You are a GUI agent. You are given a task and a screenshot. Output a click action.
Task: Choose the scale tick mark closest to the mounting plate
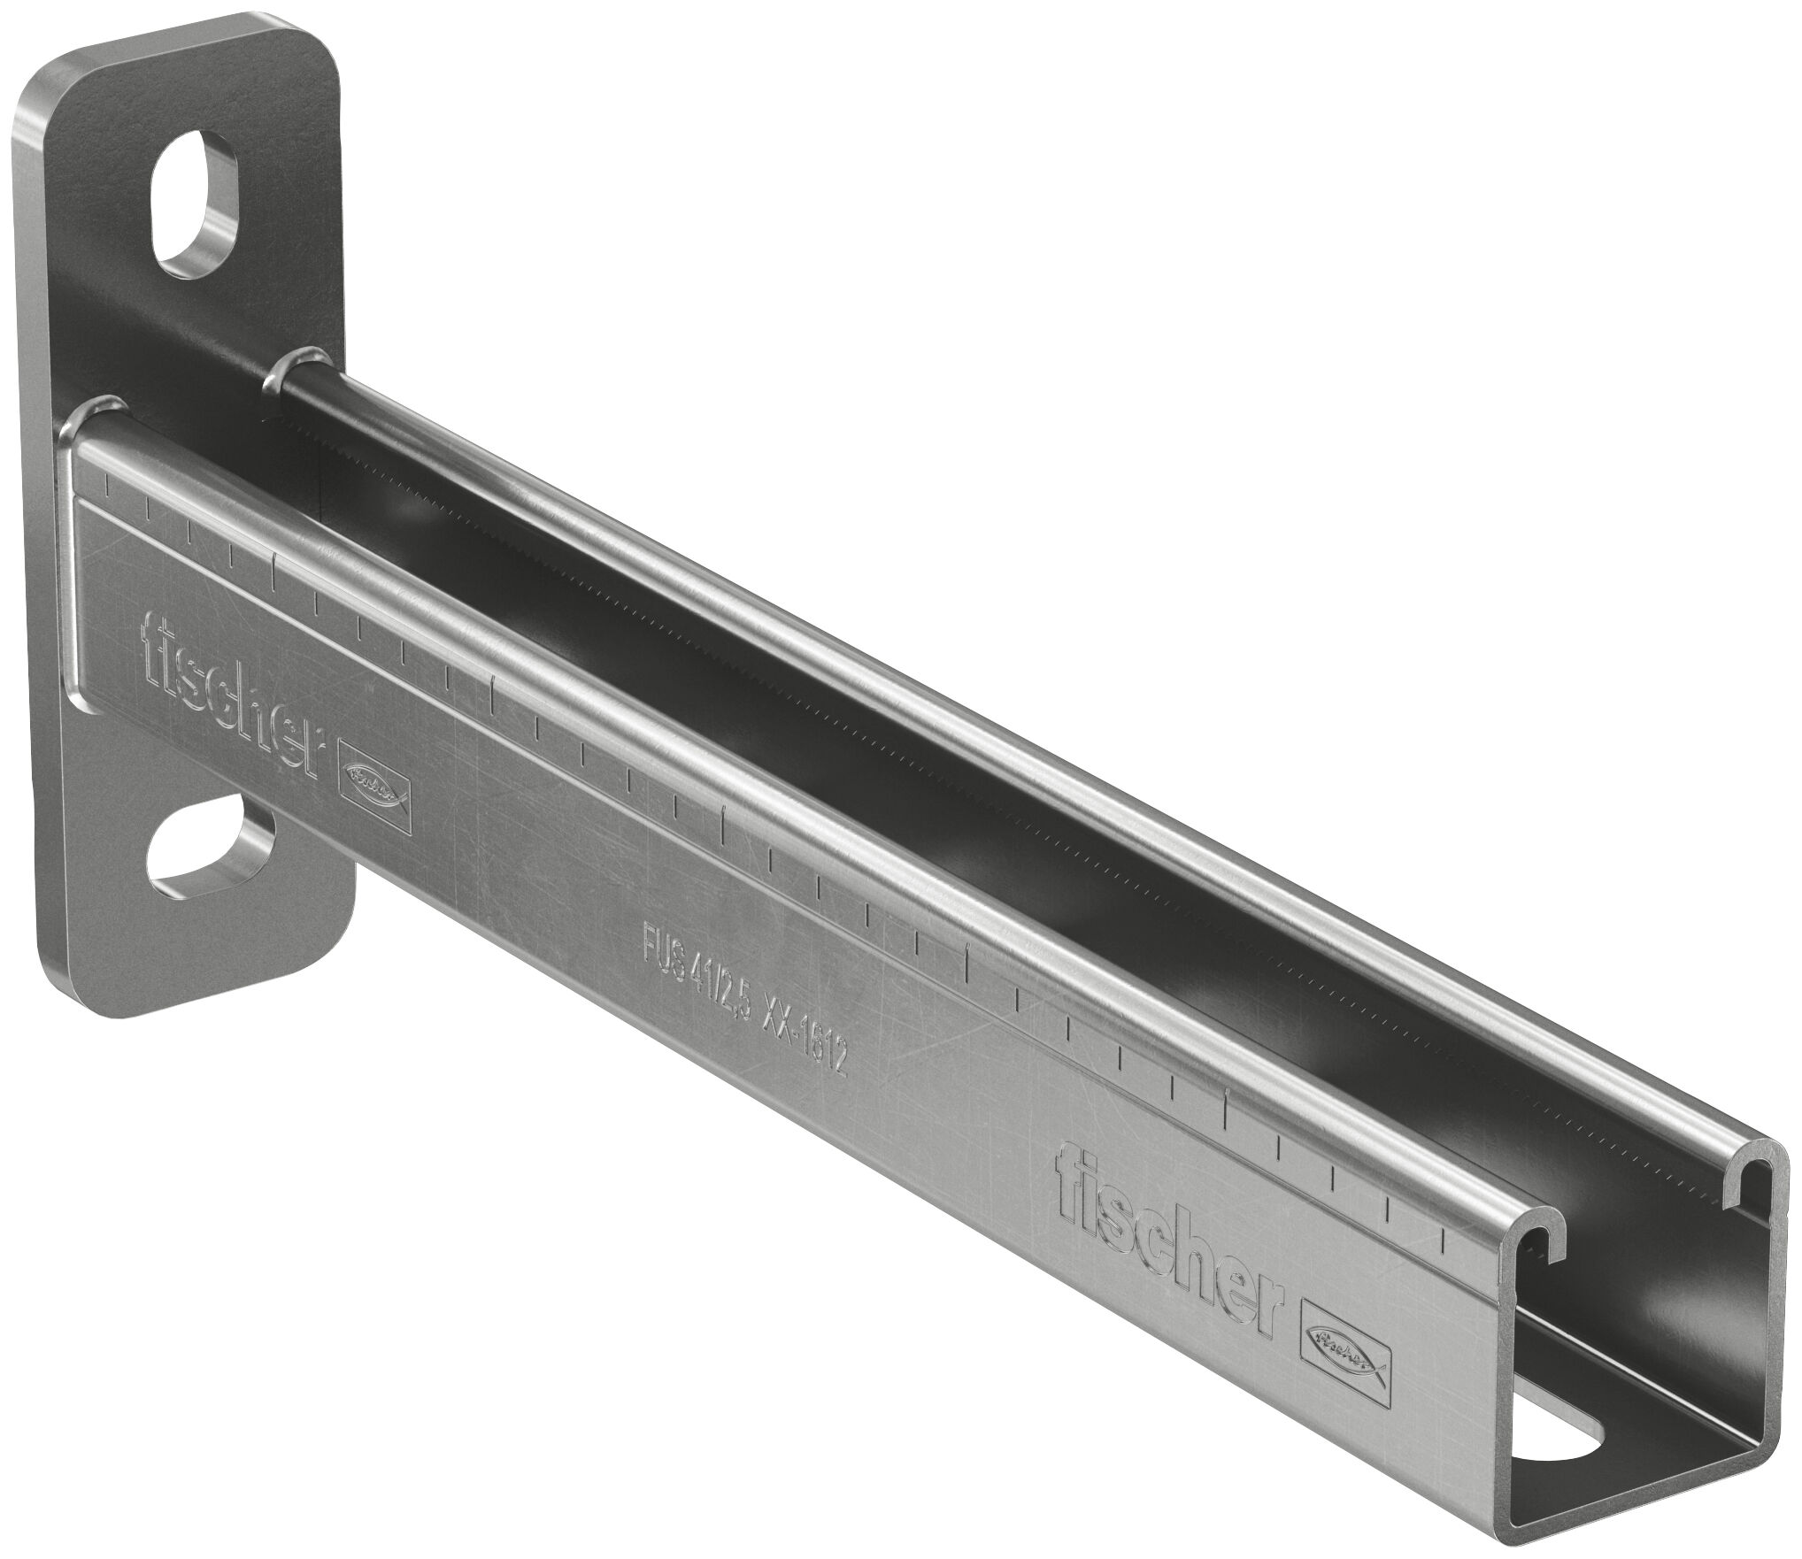click(x=107, y=483)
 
